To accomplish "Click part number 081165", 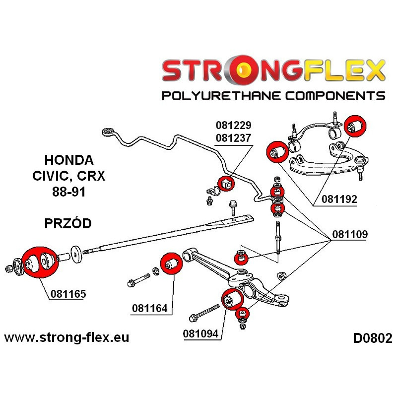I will pyautogui.click(x=68, y=293).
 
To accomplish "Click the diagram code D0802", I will pyautogui.click(x=372, y=338).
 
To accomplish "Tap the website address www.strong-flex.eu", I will pyautogui.click(x=66, y=338).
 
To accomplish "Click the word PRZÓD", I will pyautogui.click(x=68, y=223).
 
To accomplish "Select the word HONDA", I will pyautogui.click(x=68, y=160).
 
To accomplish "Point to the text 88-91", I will pyautogui.click(x=68, y=192).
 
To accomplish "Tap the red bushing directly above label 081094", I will pyautogui.click(x=230, y=298).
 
